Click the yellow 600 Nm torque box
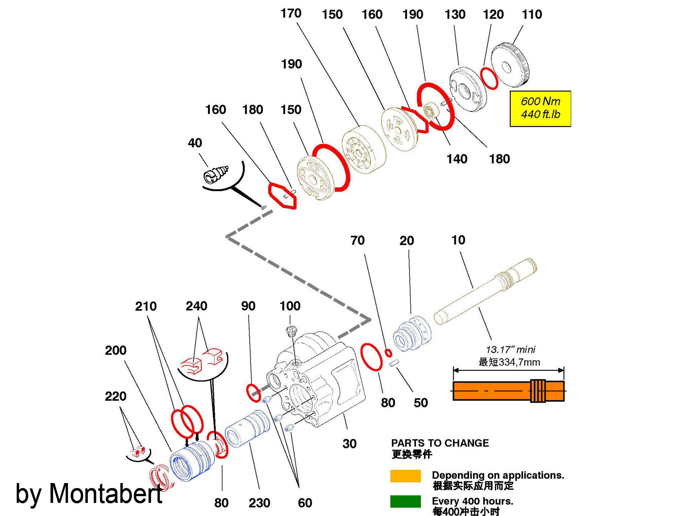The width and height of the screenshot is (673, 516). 540,108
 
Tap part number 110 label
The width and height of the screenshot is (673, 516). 532,14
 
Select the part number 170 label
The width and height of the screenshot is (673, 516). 291,13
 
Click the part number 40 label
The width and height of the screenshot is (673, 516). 195,143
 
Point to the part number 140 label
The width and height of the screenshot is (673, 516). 457,159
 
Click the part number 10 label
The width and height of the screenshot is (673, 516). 458,240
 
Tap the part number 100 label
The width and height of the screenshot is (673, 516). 290,306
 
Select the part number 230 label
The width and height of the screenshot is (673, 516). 259,503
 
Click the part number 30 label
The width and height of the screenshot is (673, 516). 349,444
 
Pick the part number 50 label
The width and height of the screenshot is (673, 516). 421,403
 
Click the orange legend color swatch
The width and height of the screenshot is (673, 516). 405,476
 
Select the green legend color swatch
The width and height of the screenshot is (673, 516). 405,501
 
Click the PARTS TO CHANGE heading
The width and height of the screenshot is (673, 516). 440,443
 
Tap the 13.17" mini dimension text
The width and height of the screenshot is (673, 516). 510,350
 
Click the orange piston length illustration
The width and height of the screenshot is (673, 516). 508,391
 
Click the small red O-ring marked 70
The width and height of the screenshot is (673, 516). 388,353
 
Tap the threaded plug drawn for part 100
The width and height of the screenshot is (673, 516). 291,331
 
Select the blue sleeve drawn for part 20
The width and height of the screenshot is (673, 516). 412,333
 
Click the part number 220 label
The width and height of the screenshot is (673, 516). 115,396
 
